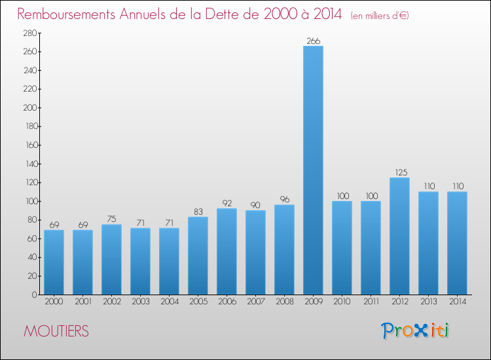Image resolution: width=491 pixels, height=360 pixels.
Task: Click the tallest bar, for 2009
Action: pyautogui.click(x=313, y=170)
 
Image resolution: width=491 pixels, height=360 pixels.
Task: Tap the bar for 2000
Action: pyautogui.click(x=54, y=262)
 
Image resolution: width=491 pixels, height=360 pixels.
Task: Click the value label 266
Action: pyautogui.click(x=313, y=41)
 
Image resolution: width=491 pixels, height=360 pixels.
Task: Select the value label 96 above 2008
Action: pyautogui.click(x=284, y=200)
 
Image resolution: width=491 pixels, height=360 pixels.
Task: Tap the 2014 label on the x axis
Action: pyautogui.click(x=457, y=302)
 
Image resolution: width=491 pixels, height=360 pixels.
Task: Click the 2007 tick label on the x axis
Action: pyautogui.click(x=255, y=302)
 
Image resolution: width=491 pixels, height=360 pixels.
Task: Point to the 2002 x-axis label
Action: pyautogui.click(x=111, y=302)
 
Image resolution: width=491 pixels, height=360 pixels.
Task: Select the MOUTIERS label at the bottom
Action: pyautogui.click(x=56, y=332)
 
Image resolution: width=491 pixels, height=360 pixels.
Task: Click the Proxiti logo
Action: pyautogui.click(x=416, y=331)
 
